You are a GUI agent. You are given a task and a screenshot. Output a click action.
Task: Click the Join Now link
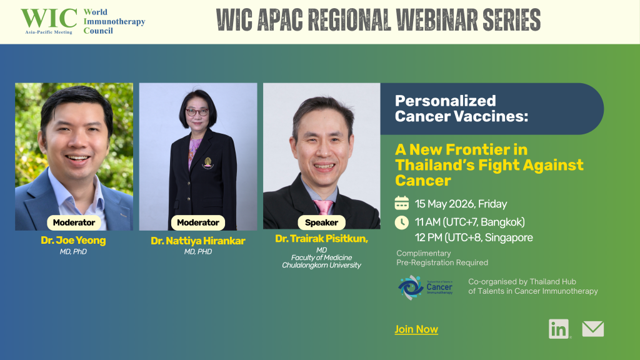click(416, 329)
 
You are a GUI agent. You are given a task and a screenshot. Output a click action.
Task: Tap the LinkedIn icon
click(559, 329)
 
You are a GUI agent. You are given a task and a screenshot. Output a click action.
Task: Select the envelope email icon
click(593, 329)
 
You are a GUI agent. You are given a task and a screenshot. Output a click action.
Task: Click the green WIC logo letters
click(49, 18)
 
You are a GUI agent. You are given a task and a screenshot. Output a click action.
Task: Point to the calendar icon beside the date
click(402, 203)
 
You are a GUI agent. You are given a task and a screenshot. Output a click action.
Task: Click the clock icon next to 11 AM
click(402, 222)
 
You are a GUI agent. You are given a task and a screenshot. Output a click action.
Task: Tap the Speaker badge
click(322, 222)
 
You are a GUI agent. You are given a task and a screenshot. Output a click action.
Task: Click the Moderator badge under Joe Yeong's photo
click(74, 222)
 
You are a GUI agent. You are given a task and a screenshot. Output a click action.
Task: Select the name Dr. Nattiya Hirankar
click(198, 241)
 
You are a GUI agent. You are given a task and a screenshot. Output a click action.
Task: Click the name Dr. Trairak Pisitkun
click(322, 239)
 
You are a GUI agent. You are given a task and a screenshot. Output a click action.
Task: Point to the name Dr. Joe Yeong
click(74, 241)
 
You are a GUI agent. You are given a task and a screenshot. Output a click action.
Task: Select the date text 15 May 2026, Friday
click(461, 204)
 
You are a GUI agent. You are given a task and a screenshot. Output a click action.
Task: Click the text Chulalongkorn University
click(322, 265)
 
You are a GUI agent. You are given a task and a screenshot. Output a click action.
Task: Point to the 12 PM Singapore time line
click(474, 237)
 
